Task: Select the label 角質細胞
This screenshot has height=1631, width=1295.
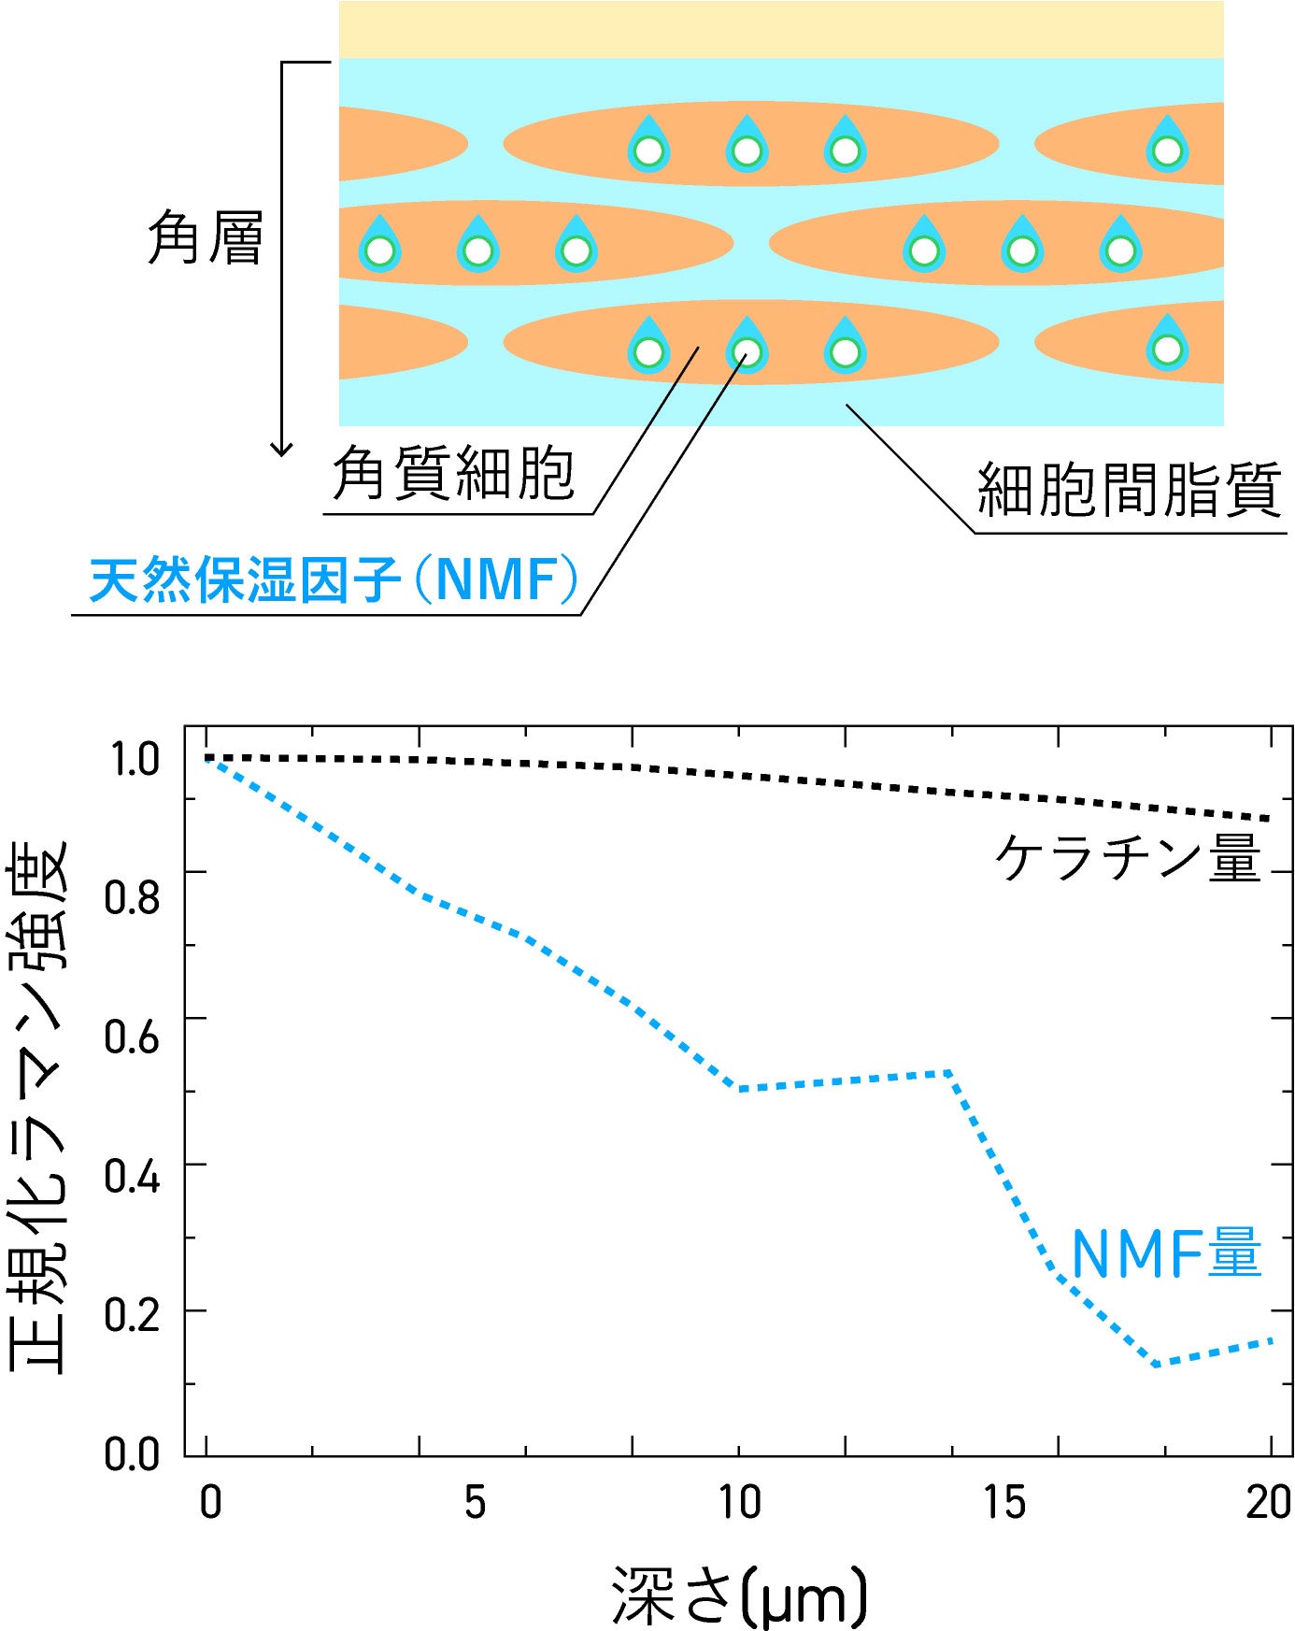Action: pos(453,472)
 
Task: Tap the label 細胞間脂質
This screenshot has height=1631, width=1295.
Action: pos(1129,490)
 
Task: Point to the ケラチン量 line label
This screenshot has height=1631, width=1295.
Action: pos(1128,857)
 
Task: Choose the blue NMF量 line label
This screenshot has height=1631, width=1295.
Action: pos(1166,1253)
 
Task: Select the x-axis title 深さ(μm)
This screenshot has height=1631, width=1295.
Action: pos(739,1594)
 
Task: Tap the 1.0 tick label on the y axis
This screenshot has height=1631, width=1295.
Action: pos(135,759)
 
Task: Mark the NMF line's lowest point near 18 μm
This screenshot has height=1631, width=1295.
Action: pos(1158,1365)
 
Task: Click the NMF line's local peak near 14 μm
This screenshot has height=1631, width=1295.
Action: pos(949,1072)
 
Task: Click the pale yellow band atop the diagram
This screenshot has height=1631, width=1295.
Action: pos(781,30)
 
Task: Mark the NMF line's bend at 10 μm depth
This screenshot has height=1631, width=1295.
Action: pos(739,1089)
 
